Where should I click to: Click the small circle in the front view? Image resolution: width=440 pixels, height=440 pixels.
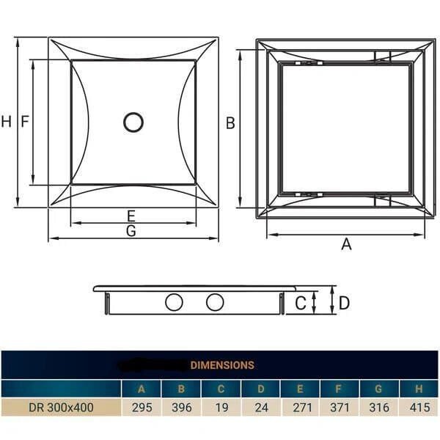click(133, 122)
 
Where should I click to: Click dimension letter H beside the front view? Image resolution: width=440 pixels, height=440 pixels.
click(7, 122)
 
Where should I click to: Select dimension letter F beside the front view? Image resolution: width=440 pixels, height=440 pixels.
click(24, 122)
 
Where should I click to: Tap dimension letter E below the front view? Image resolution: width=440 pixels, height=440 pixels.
click(131, 216)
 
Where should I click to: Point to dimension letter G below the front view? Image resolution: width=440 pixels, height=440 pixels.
click(131, 231)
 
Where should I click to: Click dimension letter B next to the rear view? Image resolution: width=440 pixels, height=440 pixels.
click(230, 123)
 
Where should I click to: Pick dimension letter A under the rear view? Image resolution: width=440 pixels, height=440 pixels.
click(346, 244)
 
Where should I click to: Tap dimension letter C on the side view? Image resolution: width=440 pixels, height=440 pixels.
click(301, 302)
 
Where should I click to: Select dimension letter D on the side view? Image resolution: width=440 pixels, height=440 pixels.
click(344, 302)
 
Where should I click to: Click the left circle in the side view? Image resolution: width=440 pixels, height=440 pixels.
click(174, 301)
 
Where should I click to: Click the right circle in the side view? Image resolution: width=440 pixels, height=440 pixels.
click(215, 301)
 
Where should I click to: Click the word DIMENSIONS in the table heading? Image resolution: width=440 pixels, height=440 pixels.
click(222, 364)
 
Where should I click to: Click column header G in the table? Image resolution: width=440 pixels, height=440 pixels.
click(379, 389)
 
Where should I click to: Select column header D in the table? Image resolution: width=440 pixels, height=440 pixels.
click(260, 389)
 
